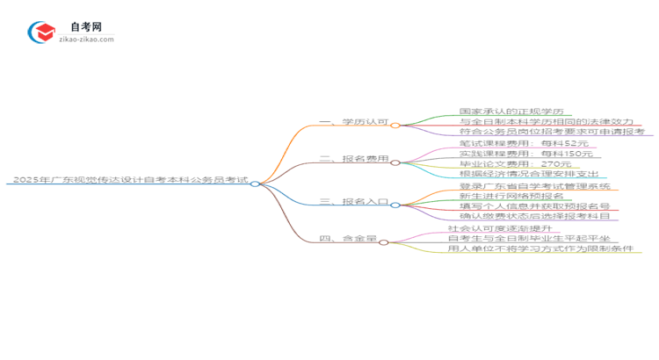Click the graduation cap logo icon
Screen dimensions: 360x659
[x=41, y=32]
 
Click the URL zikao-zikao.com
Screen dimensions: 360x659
[x=86, y=40]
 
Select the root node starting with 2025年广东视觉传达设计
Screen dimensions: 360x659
[x=127, y=180]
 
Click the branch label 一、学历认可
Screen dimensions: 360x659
[x=353, y=123]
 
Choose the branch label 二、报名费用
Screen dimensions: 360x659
[x=353, y=159]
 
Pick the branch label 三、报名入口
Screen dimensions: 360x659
[x=353, y=201]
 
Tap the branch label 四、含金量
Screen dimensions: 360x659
[x=348, y=237]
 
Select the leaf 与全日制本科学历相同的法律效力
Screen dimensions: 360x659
[x=546, y=122]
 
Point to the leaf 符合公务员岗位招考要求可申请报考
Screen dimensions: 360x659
[x=552, y=133]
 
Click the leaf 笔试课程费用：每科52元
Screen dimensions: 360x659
[x=524, y=143]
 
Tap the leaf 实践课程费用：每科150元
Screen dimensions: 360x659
[x=526, y=154]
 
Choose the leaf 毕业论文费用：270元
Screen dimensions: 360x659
[x=515, y=164]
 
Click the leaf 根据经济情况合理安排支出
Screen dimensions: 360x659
[x=528, y=174]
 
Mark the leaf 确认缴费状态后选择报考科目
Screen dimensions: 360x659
[x=534, y=216]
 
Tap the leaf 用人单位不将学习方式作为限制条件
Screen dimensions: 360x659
[x=540, y=248]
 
